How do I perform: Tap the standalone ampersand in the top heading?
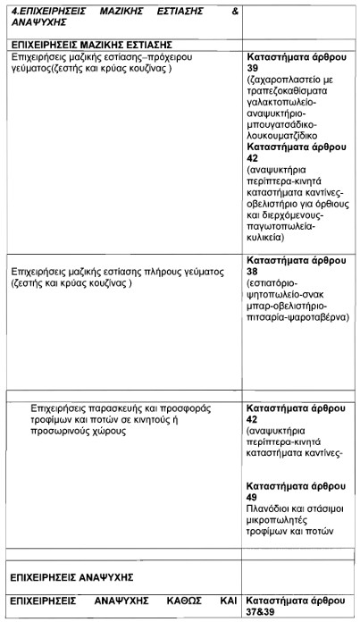(x=235, y=13)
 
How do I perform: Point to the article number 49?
(x=255, y=497)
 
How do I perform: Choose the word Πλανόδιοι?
(x=271, y=509)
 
